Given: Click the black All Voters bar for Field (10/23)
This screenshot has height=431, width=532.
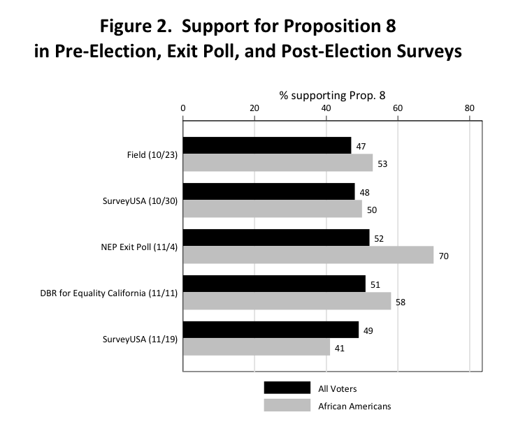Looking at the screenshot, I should click(x=267, y=145).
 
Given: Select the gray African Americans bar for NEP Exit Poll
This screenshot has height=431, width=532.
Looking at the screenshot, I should click(x=308, y=256).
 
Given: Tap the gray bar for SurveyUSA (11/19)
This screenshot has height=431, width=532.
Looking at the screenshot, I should click(x=257, y=347).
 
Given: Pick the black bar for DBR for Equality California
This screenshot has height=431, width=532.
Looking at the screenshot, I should click(x=274, y=284).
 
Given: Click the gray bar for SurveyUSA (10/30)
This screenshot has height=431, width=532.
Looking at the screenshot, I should click(x=273, y=209).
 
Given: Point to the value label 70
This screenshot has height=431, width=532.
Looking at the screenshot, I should click(x=443, y=256).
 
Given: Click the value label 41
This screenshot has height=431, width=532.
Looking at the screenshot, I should click(x=340, y=348).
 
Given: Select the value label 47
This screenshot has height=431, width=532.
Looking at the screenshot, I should click(x=361, y=147).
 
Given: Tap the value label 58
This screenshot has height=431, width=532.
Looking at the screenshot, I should click(x=401, y=302).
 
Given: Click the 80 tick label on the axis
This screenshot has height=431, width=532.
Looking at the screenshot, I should click(x=469, y=108).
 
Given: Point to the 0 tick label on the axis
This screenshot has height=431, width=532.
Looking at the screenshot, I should click(x=183, y=108).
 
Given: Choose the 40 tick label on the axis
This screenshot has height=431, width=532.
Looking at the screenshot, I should click(x=326, y=108).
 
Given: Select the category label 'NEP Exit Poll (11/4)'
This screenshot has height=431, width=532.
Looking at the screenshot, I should click(x=138, y=247).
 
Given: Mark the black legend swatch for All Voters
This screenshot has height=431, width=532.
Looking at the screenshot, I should click(x=287, y=388).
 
